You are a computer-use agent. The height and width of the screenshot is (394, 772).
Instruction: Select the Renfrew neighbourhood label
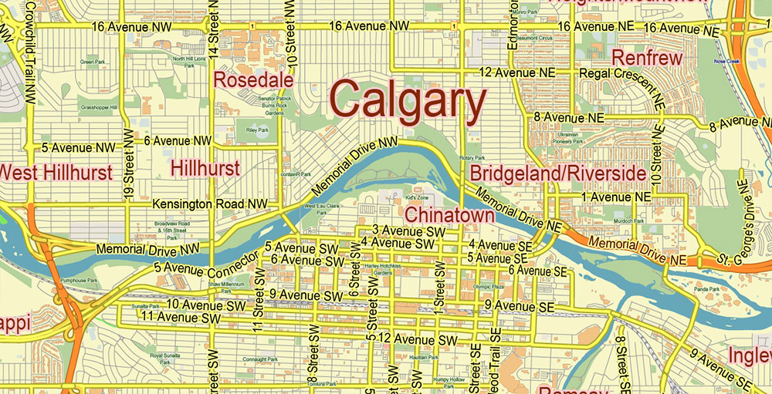(647, 58)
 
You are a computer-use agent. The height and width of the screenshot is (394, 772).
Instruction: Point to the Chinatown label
(449, 215)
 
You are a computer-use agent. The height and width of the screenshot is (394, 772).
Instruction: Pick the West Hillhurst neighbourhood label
(56, 172)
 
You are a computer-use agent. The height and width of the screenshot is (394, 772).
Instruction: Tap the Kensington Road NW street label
(210, 204)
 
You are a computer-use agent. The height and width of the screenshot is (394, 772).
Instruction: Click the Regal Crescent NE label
(622, 72)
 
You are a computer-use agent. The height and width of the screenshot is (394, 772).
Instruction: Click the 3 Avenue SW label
(408, 231)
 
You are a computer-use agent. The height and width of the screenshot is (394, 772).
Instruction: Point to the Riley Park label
(256, 130)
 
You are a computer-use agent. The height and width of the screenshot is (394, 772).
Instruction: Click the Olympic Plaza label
(477, 287)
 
